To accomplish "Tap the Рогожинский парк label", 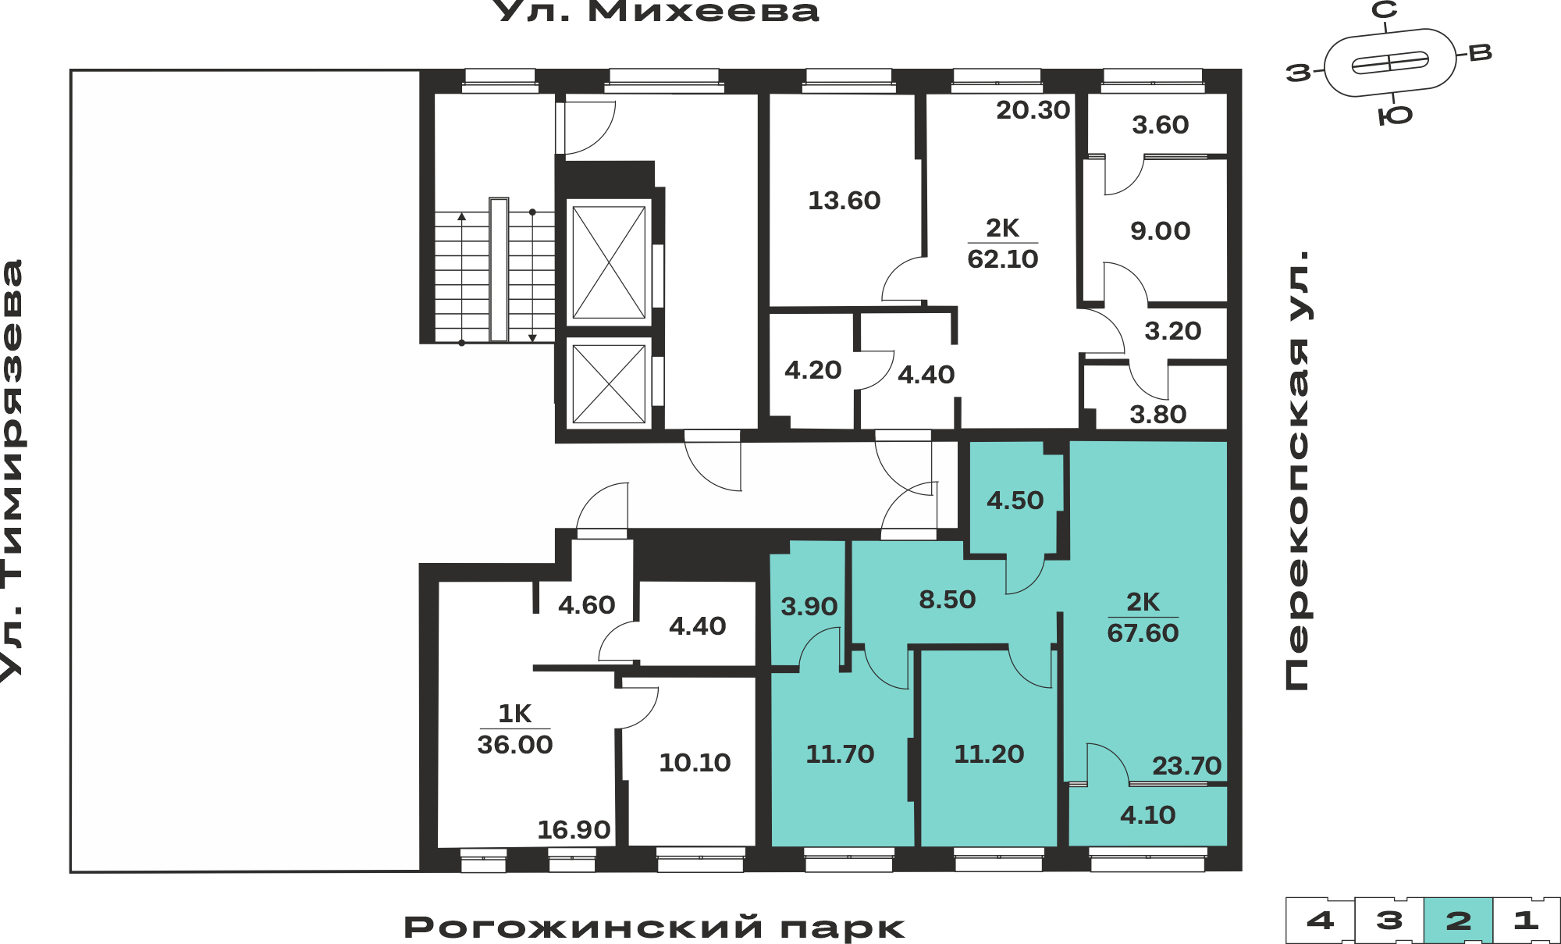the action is [654, 927].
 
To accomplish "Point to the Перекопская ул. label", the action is [1297, 471].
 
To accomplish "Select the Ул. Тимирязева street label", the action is [12, 471].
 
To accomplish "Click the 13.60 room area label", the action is [844, 201].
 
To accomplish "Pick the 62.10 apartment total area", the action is [1003, 258].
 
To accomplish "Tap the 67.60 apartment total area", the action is [1143, 632].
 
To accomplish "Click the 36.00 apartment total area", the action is [515, 744].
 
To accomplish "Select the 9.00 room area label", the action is [1161, 231].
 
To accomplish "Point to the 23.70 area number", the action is [1187, 766].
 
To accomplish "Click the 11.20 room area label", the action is [989, 754].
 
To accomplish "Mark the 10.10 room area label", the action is [695, 763].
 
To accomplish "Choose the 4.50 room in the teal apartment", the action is [1015, 500].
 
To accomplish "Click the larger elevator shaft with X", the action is [609, 262].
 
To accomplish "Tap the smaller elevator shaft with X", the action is [609, 384].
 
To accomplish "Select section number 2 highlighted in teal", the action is [1458, 921].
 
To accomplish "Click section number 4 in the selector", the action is [1320, 921].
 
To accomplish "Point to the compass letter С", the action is [1385, 10].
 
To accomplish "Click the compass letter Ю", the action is [1396, 116].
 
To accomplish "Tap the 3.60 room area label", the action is [1161, 125].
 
